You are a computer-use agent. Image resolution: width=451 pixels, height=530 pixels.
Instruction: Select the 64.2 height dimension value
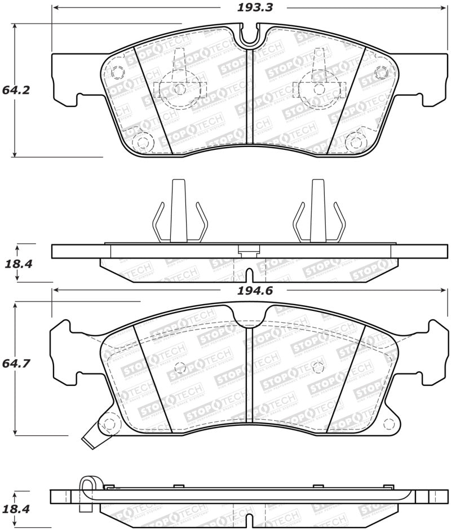[x=15, y=90]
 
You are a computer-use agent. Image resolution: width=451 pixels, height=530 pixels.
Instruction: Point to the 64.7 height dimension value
[x=15, y=364]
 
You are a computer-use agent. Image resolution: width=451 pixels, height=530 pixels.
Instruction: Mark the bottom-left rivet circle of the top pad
[x=143, y=141]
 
